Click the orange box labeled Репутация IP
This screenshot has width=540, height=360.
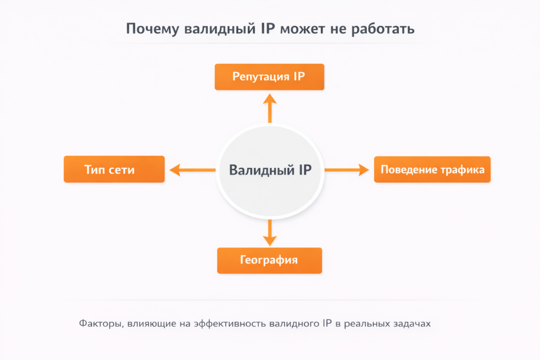coord(269,77)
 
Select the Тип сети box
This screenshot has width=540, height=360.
coord(114,169)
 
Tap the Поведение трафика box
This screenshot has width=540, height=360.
coord(432,169)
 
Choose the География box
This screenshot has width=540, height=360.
coord(269,260)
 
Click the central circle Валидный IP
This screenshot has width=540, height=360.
coord(270,170)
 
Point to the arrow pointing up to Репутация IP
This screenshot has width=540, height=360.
coord(269,108)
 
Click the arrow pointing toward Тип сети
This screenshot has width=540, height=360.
coord(192,170)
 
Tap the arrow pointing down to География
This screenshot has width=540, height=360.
coord(269,232)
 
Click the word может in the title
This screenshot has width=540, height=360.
coord(302,29)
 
